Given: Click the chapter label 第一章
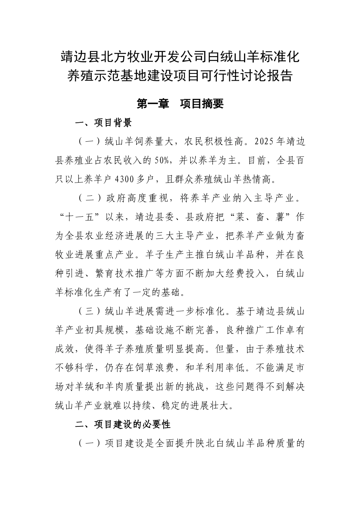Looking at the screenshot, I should [152, 104].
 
